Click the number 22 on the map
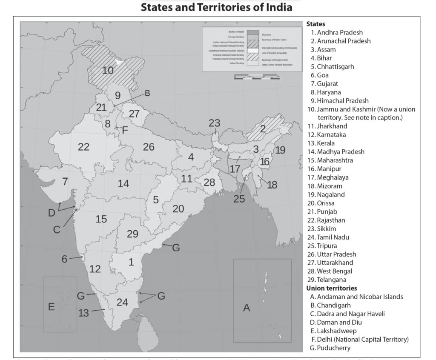pyautogui.click(x=84, y=147)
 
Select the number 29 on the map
pyautogui.click(x=133, y=233)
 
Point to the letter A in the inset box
pyautogui.click(x=247, y=308)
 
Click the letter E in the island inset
pyautogui.click(x=51, y=306)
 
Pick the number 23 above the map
pyautogui.click(x=214, y=123)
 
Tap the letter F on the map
pyautogui.click(x=125, y=130)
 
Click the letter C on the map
pyautogui.click(x=57, y=229)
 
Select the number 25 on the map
pyautogui.click(x=239, y=198)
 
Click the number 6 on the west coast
pyautogui.click(x=64, y=259)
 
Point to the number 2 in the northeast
pyautogui.click(x=263, y=128)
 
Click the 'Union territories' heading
pyautogui.click(x=331, y=288)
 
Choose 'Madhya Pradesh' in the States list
pyautogui.click(x=340, y=151)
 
